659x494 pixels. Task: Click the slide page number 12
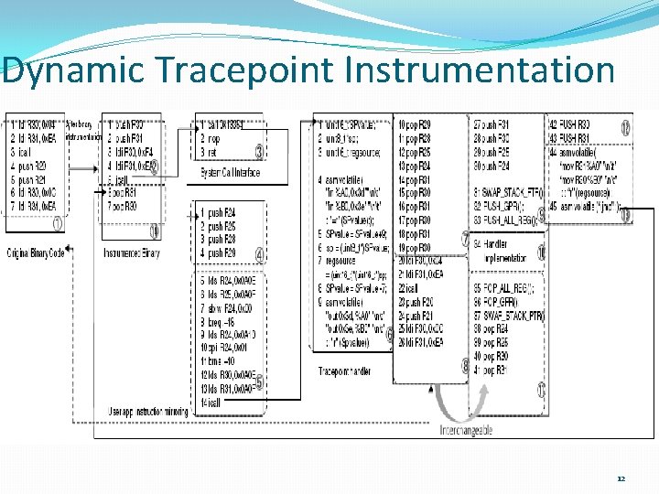[x=621, y=478]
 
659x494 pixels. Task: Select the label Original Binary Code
[x=36, y=252]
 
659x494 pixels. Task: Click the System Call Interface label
[x=231, y=172]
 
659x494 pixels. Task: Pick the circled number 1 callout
[x=57, y=222]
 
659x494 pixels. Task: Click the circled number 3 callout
[x=259, y=151]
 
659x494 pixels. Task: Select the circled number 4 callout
[x=259, y=254]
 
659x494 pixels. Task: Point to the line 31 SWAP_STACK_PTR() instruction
[x=508, y=192]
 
